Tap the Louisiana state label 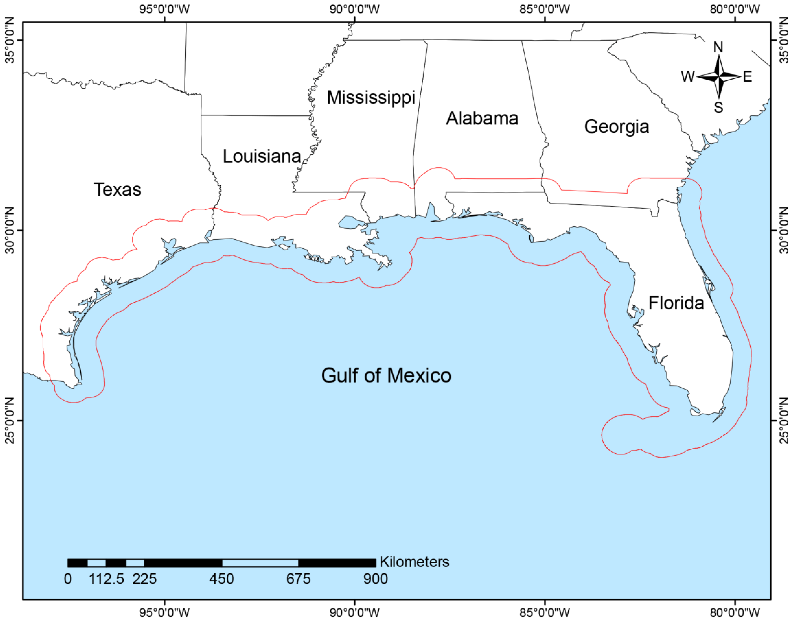262,156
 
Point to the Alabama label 482,118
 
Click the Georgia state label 616,126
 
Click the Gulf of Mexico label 386,375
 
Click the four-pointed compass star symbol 719,77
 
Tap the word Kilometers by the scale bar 415,562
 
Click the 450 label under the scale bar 221,579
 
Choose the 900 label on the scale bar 376,579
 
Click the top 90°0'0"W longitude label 355,9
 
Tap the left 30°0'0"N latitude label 9,230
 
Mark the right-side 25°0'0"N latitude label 785,421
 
